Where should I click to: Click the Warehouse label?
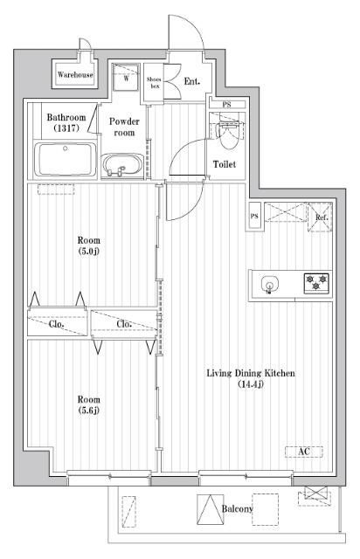(x=75, y=74)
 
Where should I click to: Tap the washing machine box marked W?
(x=126, y=78)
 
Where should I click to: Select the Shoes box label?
(x=154, y=83)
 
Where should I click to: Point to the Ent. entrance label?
(x=191, y=81)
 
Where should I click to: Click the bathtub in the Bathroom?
(x=66, y=159)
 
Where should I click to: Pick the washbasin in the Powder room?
(x=122, y=166)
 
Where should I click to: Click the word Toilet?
(x=225, y=164)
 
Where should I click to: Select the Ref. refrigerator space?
(x=320, y=217)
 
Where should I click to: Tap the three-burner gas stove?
(x=316, y=283)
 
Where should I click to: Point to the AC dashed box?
(x=304, y=452)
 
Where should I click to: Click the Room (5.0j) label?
(x=89, y=245)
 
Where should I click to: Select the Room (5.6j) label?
(x=89, y=404)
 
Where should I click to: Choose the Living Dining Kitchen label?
(x=251, y=378)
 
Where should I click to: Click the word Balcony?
(x=238, y=508)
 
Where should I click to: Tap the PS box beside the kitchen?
(x=255, y=216)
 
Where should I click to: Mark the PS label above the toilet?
(x=226, y=105)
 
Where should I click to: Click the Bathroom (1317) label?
(x=66, y=122)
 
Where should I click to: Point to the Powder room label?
(x=124, y=127)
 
